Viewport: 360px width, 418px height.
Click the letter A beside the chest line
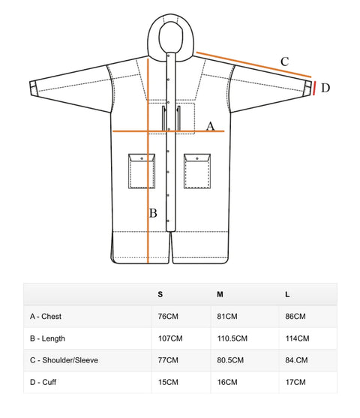pyautogui.click(x=211, y=126)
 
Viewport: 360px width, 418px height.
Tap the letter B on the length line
pyautogui.click(x=153, y=213)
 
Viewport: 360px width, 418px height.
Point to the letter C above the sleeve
pyautogui.click(x=284, y=62)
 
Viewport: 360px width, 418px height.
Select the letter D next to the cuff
pyautogui.click(x=325, y=88)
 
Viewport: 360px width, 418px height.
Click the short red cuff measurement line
pyautogui.click(x=315, y=89)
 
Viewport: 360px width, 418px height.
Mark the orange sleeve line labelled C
pyautogui.click(x=253, y=65)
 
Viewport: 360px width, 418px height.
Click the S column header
pyautogui.click(x=160, y=294)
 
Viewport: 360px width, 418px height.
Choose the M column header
pyautogui.click(x=220, y=294)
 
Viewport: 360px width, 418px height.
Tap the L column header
pyautogui.click(x=287, y=294)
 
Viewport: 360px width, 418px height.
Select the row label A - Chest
pyautogui.click(x=46, y=317)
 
